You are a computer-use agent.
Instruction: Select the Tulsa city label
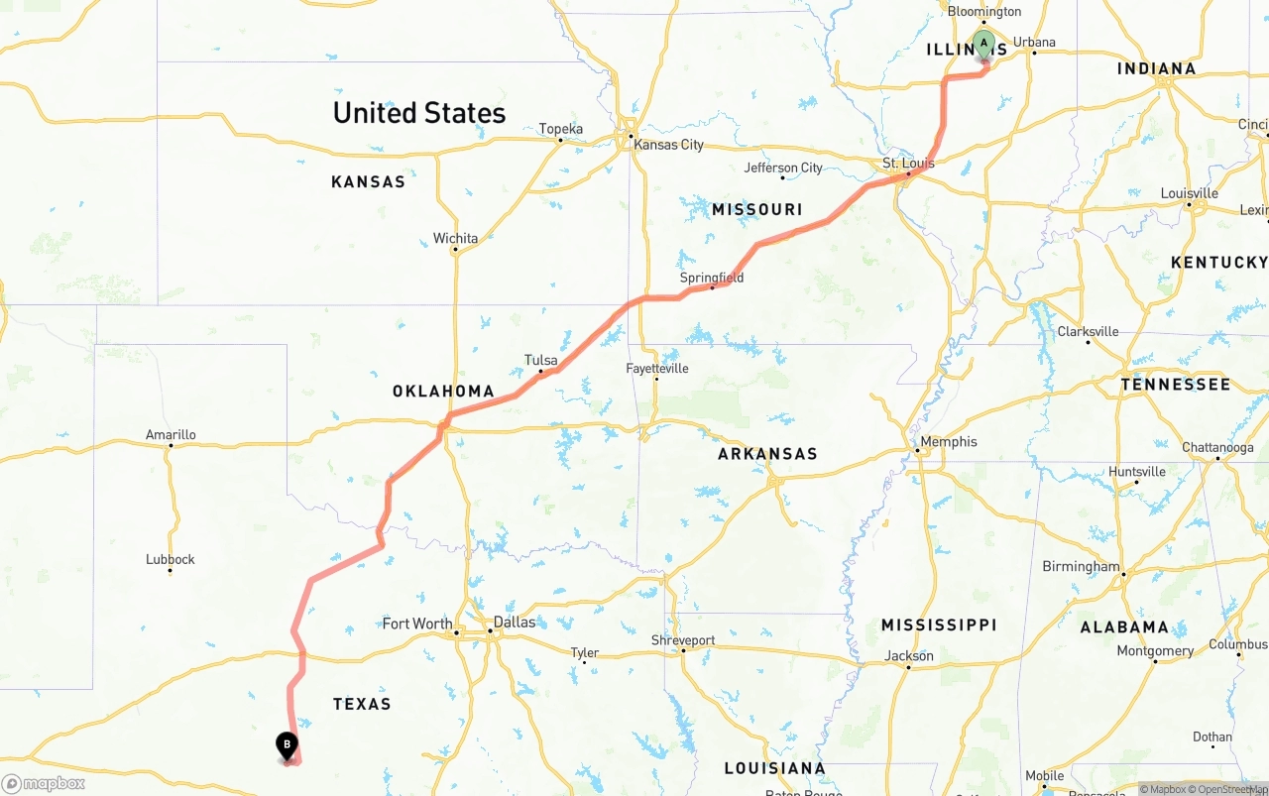(x=541, y=361)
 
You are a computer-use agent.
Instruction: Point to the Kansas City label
(x=669, y=145)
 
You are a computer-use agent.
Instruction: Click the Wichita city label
(x=455, y=238)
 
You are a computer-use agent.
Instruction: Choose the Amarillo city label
(x=171, y=434)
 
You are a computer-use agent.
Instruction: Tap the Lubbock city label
(x=171, y=559)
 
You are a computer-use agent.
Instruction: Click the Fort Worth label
(x=417, y=624)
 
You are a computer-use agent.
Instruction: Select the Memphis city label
(x=949, y=442)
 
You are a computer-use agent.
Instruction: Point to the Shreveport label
(x=683, y=640)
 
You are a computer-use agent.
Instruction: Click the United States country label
(x=419, y=113)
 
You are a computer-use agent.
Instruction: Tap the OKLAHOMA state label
(x=443, y=392)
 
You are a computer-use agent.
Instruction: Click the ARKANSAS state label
(x=767, y=454)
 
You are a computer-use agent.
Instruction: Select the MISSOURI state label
(x=757, y=209)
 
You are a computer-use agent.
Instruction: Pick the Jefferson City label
(x=783, y=168)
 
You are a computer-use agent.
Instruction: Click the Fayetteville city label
(x=657, y=369)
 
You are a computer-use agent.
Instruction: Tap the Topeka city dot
(x=560, y=140)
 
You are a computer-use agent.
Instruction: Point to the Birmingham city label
(x=1081, y=567)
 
